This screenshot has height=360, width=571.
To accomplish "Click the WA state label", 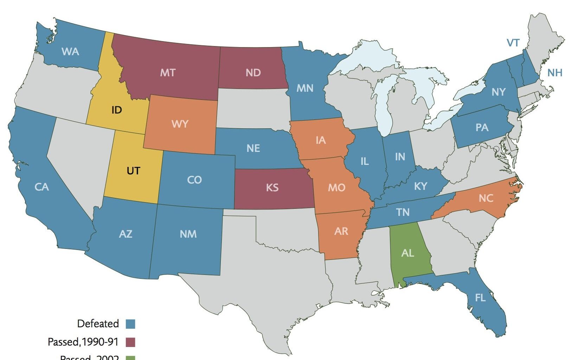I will click(x=70, y=52).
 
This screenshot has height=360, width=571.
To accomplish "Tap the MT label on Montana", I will click(x=168, y=73).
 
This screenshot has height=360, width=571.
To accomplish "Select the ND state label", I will click(x=253, y=73).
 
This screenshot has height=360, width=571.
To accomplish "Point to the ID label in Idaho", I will click(x=116, y=110).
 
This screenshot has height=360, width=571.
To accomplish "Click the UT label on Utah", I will click(x=133, y=171).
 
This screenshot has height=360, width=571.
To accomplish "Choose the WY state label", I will click(x=180, y=124).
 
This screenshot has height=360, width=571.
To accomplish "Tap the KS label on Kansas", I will click(x=272, y=187).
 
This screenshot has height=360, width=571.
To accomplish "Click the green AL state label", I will click(x=408, y=253).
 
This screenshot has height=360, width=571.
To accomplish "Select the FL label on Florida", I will click(x=480, y=298).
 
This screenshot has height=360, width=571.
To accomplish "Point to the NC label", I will click(x=486, y=198).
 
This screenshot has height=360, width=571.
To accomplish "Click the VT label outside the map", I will click(x=513, y=43).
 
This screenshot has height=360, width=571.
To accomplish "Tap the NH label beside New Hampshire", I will click(x=555, y=73).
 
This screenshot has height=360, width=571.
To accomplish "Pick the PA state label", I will click(x=482, y=128).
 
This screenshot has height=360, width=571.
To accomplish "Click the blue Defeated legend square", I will click(x=130, y=324).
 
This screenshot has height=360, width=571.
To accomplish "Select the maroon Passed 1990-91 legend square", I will click(x=130, y=342).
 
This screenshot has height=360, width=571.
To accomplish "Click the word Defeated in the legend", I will click(x=98, y=324).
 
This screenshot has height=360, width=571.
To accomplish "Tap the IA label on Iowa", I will click(x=320, y=141).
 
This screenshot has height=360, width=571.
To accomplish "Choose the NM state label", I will click(x=188, y=234).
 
